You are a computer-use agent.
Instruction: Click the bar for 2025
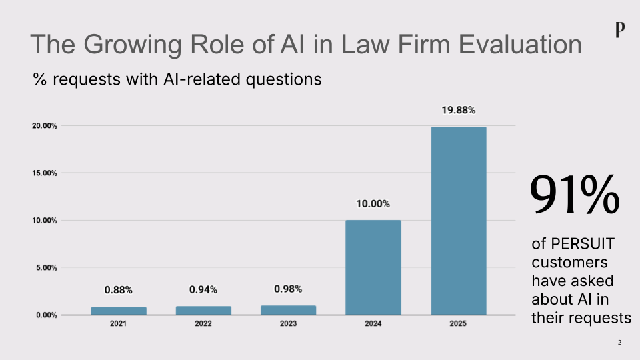pos(458,220)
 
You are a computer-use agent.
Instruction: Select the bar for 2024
pos(373,267)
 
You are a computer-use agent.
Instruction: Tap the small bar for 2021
pos(119,311)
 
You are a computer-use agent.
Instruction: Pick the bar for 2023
pos(288,310)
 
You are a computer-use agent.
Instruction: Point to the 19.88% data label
pos(458,111)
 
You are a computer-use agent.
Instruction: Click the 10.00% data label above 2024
pos(373,204)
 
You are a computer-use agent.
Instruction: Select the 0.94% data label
pos(203,289)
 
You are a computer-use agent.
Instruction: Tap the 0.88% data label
pos(119,290)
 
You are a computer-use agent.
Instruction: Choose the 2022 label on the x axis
pos(203,324)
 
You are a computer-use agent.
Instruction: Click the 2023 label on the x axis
pos(288,324)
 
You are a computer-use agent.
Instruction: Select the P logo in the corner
pos(621,30)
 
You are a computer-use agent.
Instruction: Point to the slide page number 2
pos(619,343)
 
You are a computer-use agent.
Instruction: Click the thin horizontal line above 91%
pos(581,149)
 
